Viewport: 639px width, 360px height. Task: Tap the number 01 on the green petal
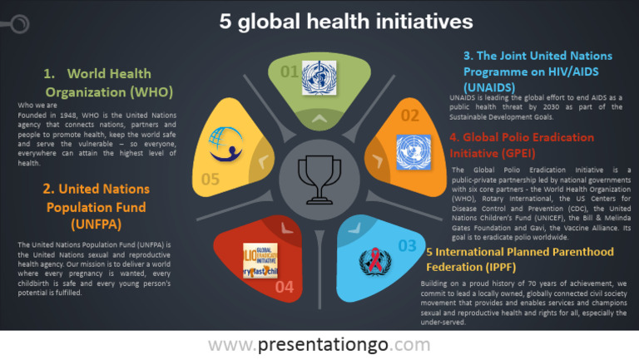coord(289,72)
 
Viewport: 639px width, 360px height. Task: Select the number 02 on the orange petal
coord(410,116)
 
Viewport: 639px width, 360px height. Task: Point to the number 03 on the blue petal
coord(407,245)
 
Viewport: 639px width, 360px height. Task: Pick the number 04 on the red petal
coord(284,287)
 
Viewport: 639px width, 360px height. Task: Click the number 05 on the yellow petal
coord(210,179)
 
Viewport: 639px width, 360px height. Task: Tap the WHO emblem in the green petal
coord(315,73)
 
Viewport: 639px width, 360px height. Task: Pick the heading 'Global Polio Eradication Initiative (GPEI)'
coord(522,145)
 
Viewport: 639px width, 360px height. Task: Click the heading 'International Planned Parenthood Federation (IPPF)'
coord(519,259)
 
